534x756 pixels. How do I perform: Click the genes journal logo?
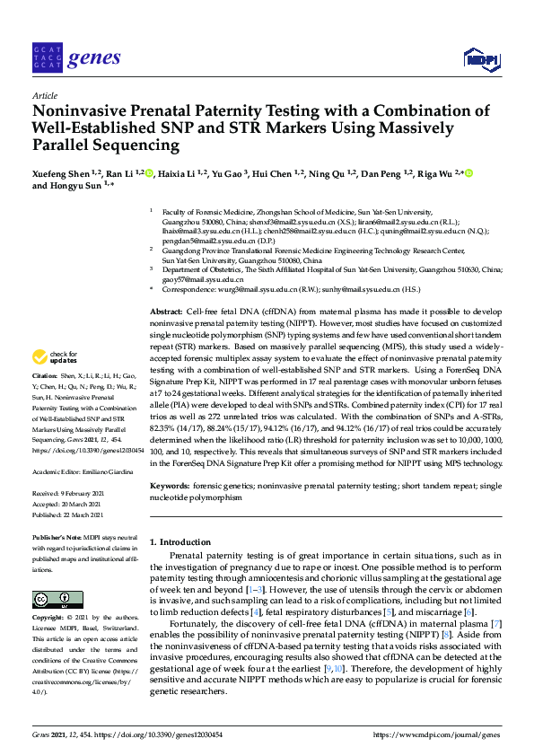click(75, 57)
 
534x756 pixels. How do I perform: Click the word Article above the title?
click(44, 94)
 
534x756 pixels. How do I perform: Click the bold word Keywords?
click(171, 486)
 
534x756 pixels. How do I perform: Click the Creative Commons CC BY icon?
click(52, 598)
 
